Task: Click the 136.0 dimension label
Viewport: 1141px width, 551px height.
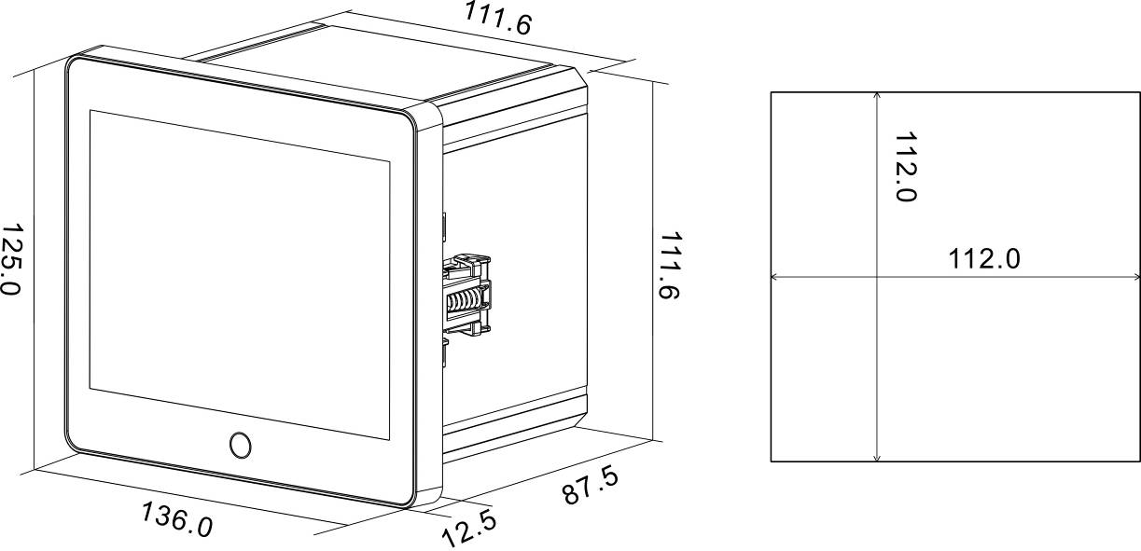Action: click(176, 519)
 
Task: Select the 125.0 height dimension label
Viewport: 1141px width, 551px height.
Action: click(10, 259)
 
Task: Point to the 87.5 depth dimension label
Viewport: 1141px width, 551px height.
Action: click(591, 486)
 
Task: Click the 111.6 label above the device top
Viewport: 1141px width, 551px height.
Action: click(497, 19)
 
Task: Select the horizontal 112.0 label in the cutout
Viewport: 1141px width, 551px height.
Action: click(984, 258)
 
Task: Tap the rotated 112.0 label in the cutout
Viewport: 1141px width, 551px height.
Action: click(906, 167)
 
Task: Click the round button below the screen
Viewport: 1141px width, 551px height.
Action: click(241, 445)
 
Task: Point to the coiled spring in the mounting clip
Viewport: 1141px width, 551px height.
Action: click(464, 301)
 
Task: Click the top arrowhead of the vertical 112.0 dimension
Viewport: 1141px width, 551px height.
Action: click(876, 95)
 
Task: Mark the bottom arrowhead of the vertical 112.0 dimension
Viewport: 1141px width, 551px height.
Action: click(876, 458)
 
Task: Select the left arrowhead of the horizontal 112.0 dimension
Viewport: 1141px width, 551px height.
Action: click(774, 277)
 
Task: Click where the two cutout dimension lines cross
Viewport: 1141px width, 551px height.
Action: click(876, 277)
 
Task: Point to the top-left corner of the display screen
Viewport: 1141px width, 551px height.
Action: click(90, 110)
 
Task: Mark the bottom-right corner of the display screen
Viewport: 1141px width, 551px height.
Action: click(390, 439)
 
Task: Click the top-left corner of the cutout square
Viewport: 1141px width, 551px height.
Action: click(771, 92)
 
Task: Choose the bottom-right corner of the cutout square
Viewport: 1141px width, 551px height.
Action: click(1139, 461)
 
